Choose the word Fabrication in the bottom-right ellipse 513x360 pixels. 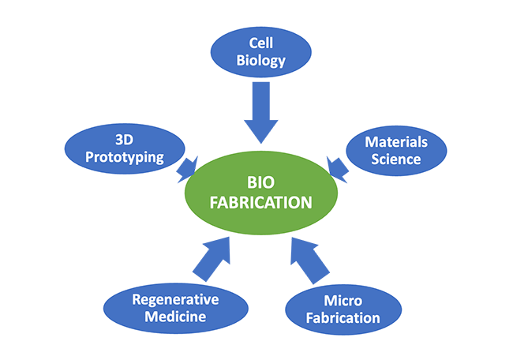click(x=342, y=319)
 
